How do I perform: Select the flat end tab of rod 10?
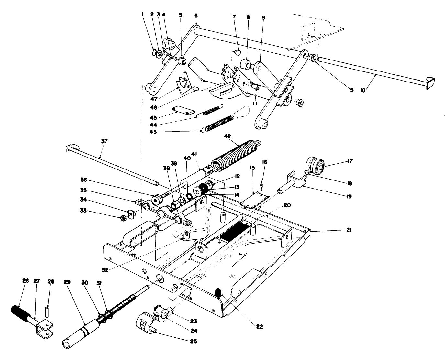pos(429,82)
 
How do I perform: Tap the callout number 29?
pos(67,281)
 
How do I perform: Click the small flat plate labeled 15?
pos(254,198)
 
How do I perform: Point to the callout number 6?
pos(196,15)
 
